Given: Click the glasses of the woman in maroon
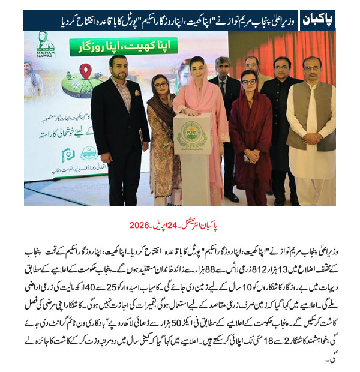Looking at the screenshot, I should pyautogui.click(x=249, y=80).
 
